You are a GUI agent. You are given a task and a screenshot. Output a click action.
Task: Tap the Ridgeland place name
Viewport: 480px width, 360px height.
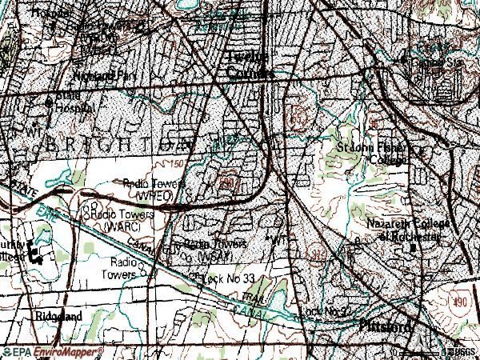point(58,316)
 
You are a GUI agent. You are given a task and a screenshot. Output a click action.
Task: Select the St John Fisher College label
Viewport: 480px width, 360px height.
point(370,152)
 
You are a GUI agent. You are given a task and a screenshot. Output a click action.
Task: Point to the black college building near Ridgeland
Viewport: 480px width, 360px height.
point(35,254)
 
